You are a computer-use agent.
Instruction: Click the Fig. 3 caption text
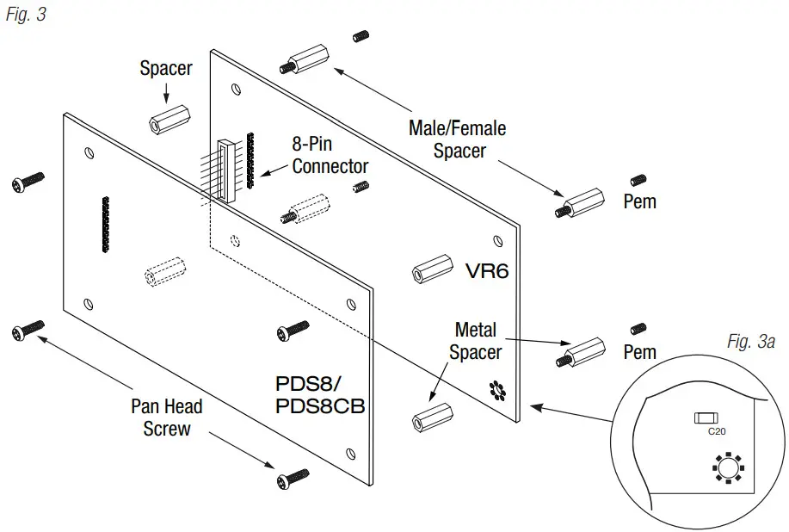point(26,15)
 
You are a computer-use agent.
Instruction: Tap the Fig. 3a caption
point(750,342)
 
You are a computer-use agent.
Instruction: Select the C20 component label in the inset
point(716,431)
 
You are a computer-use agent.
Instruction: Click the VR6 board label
point(487,271)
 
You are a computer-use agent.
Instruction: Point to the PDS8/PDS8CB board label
point(319,394)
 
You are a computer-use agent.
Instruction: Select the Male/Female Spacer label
point(457,139)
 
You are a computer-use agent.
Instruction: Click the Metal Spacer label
point(475,341)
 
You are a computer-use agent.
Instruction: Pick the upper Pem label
point(639,201)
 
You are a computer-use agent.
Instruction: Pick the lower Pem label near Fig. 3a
point(639,351)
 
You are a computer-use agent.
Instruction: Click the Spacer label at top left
point(166,68)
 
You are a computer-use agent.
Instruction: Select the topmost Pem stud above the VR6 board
point(361,36)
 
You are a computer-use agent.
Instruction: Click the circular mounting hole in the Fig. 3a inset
point(726,468)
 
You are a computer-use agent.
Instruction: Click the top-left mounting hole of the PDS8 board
point(89,153)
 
